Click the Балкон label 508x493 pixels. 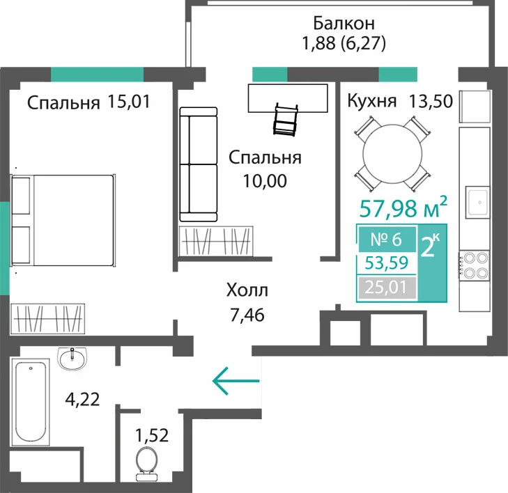[344, 23]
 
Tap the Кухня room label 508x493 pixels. [371, 101]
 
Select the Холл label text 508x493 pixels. [247, 290]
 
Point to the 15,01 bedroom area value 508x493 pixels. [129, 102]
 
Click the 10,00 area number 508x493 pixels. [265, 181]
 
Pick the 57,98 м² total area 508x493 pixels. [403, 208]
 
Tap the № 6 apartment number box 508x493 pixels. [387, 240]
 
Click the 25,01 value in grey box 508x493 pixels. [387, 287]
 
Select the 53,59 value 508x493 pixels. [387, 263]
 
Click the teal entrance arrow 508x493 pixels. [236, 381]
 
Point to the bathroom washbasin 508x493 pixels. [72, 359]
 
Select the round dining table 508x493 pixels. [392, 155]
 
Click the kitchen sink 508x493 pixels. [477, 202]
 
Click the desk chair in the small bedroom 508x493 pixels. [286, 120]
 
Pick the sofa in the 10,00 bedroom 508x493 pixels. [199, 164]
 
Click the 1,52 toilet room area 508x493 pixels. [152, 435]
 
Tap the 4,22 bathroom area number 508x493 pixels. [82, 399]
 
